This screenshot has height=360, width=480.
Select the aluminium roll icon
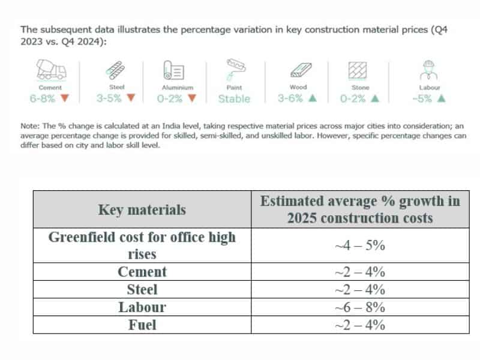(x=172, y=70)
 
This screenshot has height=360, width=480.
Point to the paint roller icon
(x=234, y=69)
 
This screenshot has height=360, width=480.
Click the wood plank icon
(x=298, y=71)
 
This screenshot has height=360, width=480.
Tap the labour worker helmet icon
(x=428, y=70)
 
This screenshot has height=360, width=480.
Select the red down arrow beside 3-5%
(x=131, y=98)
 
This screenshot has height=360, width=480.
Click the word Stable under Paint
(x=234, y=99)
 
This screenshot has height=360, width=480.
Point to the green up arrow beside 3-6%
(x=312, y=98)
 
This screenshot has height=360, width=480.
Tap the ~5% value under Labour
(x=422, y=98)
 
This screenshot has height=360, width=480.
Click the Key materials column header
(x=142, y=209)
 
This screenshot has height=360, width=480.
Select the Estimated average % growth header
(x=359, y=209)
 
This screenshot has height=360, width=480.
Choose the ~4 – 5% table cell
(x=359, y=245)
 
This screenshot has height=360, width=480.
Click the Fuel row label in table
(x=142, y=325)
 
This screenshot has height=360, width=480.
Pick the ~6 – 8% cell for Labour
(x=359, y=307)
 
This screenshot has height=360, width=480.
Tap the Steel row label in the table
(x=142, y=289)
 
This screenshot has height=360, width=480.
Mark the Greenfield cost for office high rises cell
(x=142, y=245)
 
